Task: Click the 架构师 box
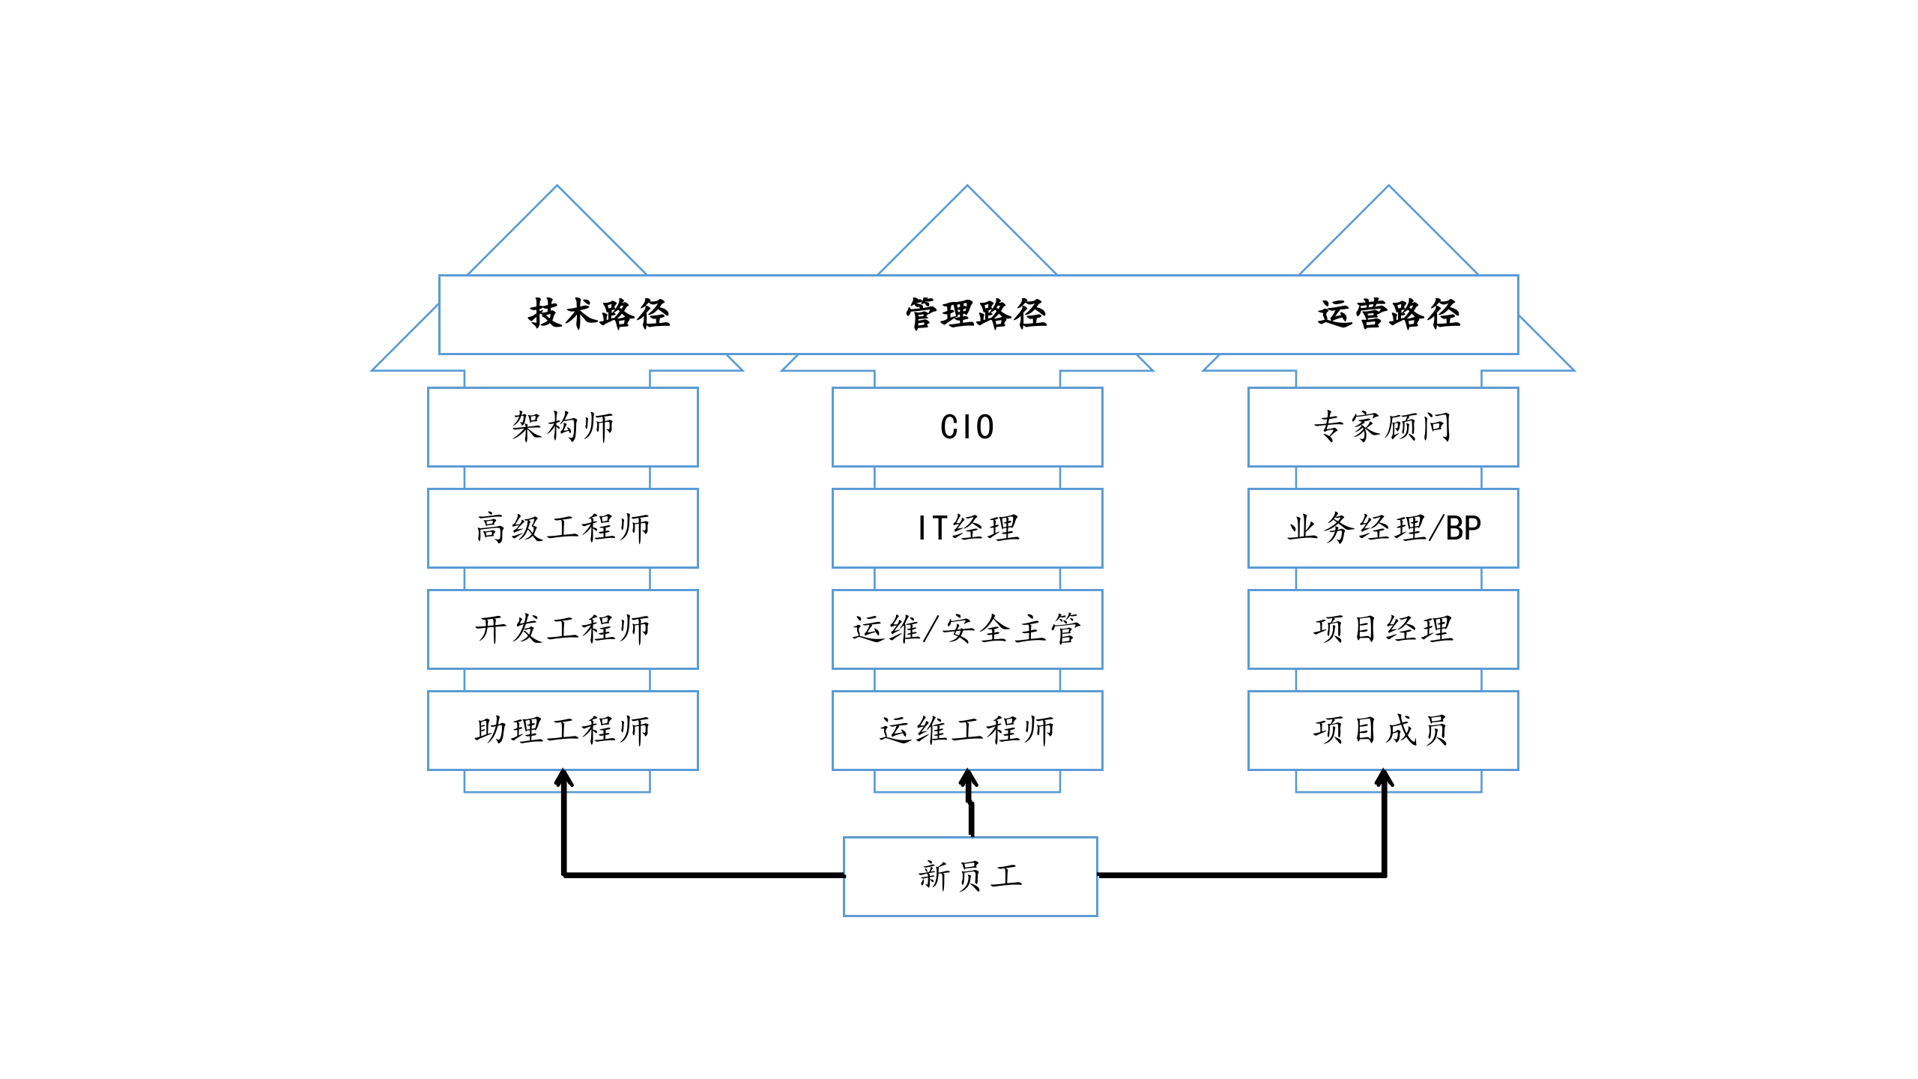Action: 563,426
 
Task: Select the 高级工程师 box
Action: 563,528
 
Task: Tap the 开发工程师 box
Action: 563,629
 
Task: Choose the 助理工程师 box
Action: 563,730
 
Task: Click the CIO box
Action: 967,426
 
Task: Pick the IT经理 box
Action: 967,528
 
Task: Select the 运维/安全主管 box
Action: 967,629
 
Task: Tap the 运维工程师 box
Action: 967,730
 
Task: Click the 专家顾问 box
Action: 1383,426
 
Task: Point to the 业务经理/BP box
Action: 1383,528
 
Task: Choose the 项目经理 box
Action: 1383,629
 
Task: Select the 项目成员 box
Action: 1383,730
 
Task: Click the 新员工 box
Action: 970,876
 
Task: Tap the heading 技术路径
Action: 599,314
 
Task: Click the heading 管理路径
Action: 976,314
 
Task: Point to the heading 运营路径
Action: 1389,314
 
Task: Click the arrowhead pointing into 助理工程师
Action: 564,778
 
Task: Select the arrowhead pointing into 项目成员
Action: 1384,778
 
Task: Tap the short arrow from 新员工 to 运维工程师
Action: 970,806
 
